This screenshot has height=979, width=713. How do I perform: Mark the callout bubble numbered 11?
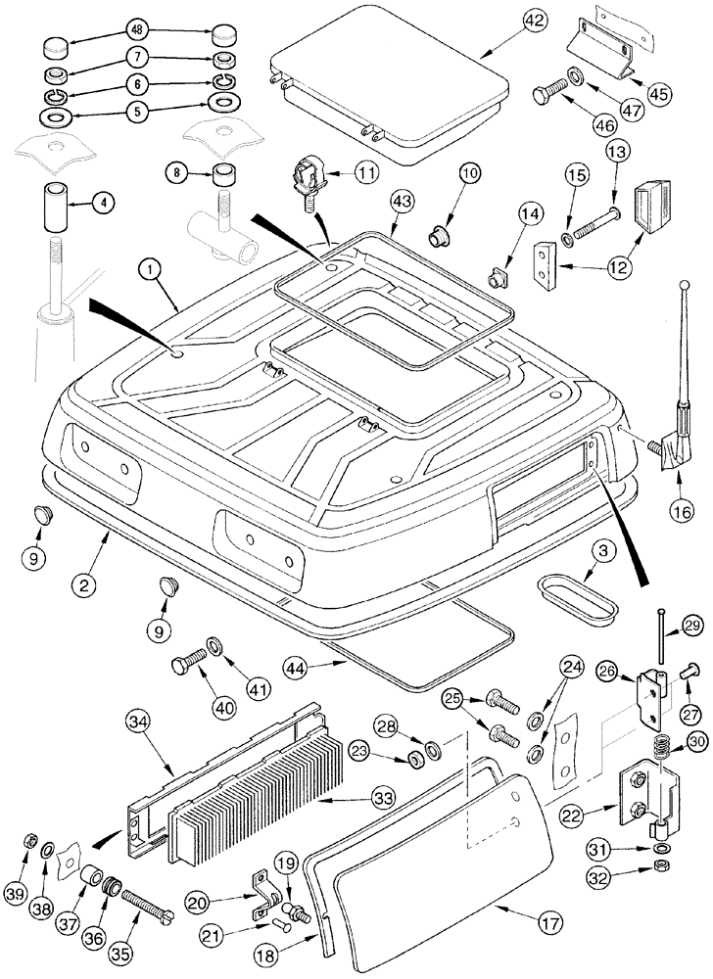point(366,172)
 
